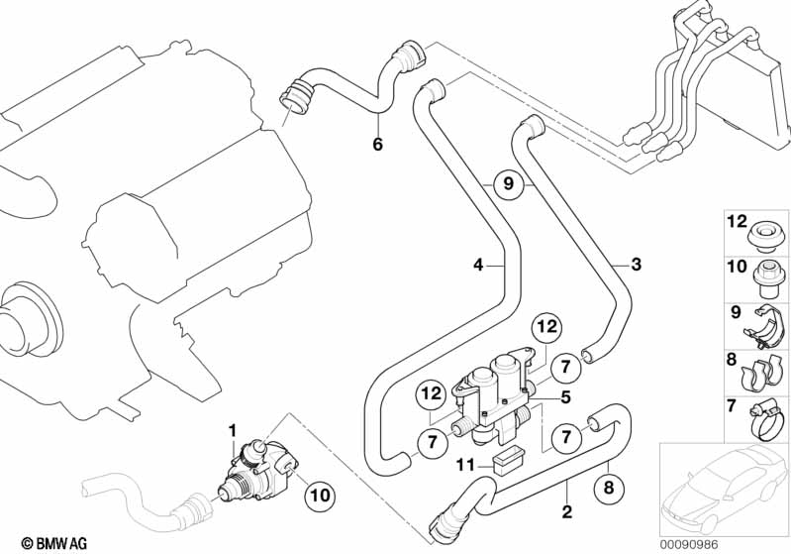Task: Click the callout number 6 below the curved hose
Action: coord(376,145)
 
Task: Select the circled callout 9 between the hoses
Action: coord(507,184)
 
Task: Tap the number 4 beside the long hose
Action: coord(479,265)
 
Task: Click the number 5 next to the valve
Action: coord(565,397)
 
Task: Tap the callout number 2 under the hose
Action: coord(565,512)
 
